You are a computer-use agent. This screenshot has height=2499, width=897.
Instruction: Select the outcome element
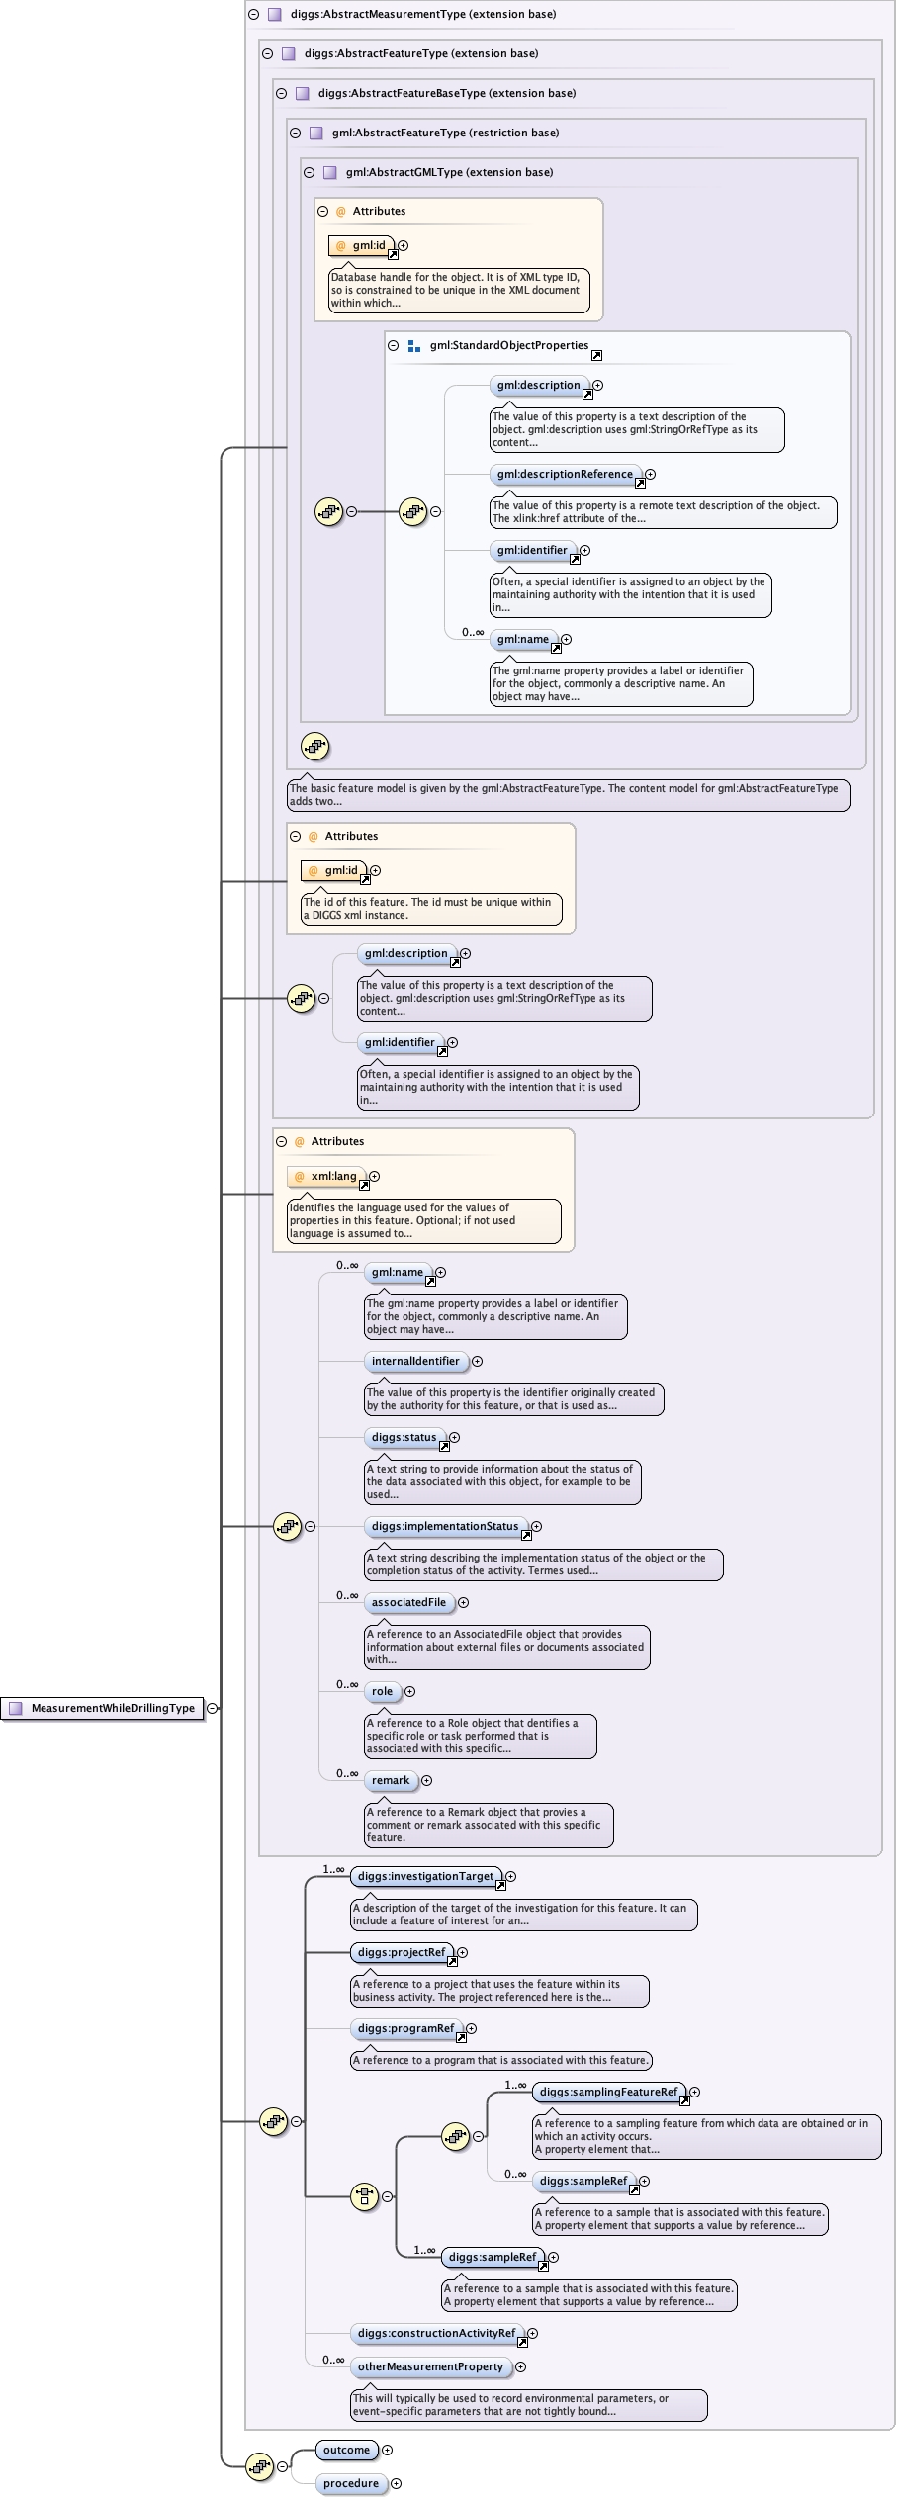pyautogui.click(x=346, y=2450)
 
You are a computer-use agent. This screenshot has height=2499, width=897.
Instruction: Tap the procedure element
pyautogui.click(x=350, y=2483)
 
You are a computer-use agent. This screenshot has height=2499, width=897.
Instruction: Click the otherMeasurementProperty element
pyautogui.click(x=430, y=2366)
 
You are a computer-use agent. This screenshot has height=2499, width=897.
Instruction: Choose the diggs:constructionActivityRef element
pyautogui.click(x=436, y=2333)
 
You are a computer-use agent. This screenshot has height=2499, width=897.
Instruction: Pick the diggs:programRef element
pyautogui.click(x=405, y=2028)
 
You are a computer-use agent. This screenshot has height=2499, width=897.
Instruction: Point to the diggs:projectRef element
pyautogui.click(x=402, y=1952)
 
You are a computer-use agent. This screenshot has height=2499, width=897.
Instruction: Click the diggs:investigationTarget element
pyautogui.click(x=425, y=1876)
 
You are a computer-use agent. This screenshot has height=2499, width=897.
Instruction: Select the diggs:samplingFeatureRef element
pyautogui.click(x=608, y=2092)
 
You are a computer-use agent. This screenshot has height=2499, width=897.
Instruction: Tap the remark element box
pyautogui.click(x=390, y=1780)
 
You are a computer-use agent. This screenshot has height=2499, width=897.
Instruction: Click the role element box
pyautogui.click(x=382, y=1691)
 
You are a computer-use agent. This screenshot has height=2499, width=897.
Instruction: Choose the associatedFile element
pyautogui.click(x=408, y=1602)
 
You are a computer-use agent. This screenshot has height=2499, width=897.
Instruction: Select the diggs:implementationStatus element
pyautogui.click(x=444, y=1526)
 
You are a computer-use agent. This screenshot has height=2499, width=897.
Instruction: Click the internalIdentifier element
pyautogui.click(x=415, y=1361)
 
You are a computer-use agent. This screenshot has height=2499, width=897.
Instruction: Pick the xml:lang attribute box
pyautogui.click(x=332, y=1176)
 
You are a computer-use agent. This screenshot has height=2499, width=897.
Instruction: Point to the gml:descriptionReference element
pyautogui.click(x=565, y=474)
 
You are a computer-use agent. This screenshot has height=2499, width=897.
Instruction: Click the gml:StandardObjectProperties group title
pyautogui.click(x=508, y=345)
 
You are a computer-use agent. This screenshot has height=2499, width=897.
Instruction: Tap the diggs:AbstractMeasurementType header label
pyautogui.click(x=422, y=14)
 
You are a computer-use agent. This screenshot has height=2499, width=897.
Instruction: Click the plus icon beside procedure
pyautogui.click(x=396, y=2483)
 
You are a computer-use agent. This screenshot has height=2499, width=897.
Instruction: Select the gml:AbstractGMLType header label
pyautogui.click(x=449, y=172)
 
